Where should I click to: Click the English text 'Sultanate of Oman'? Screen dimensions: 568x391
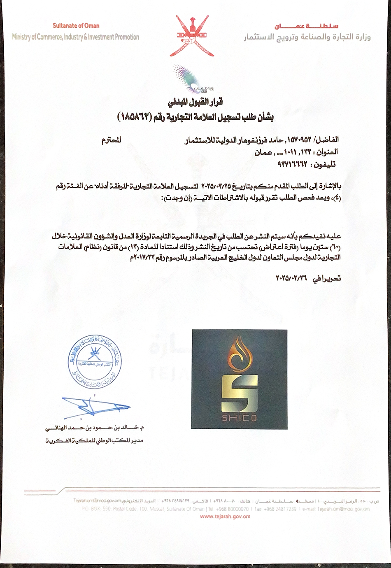tap(76, 26)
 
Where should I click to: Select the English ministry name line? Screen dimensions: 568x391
tap(76, 37)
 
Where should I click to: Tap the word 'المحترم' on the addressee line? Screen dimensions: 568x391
tap(111, 140)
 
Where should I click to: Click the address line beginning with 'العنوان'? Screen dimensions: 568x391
tap(296, 152)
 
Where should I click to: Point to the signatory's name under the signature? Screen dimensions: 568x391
tap(95, 428)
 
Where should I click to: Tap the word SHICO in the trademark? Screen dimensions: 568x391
tap(240, 418)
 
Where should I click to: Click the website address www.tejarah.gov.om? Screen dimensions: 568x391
tap(225, 516)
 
